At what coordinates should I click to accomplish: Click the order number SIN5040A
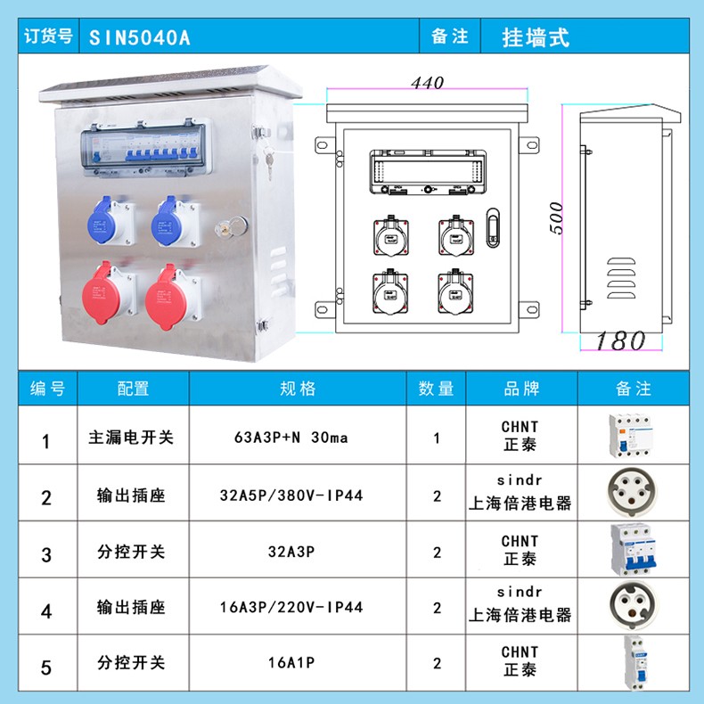[140, 37]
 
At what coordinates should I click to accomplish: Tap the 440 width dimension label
[427, 83]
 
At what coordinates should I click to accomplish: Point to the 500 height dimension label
[556, 218]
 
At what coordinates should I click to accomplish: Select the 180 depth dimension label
[620, 340]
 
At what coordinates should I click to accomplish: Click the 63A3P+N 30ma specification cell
[291, 437]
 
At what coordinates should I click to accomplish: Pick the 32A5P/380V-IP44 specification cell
[291, 495]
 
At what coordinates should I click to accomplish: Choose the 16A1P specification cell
[291, 662]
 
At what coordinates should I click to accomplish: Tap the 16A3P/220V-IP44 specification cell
[291, 607]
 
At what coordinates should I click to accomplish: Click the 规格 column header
[298, 389]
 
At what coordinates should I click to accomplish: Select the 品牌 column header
[521, 389]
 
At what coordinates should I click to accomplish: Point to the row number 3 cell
[46, 555]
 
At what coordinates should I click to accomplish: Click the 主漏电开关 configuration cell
[131, 437]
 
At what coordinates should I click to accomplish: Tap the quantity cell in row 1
[437, 438]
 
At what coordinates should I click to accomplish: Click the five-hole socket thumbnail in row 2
[633, 493]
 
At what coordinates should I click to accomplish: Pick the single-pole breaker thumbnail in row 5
[634, 663]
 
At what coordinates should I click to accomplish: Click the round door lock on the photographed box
[231, 227]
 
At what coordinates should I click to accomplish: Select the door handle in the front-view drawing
[493, 227]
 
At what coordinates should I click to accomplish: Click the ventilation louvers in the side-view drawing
[621, 278]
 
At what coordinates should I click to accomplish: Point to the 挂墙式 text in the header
[536, 37]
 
